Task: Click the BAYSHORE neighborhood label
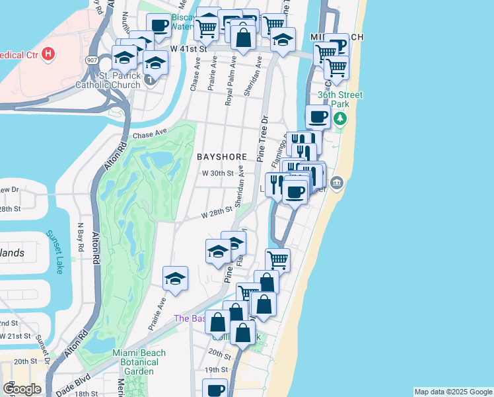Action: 222,157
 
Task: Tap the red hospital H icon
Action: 48,54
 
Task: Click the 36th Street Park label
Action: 339,99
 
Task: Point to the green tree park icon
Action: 340,118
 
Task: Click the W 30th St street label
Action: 218,173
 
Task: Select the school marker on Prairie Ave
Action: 175,279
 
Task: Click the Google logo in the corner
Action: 22,389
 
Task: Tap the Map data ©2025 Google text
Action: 453,392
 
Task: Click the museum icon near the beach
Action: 337,183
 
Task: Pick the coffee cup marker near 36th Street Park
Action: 318,117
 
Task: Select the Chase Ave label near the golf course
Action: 147,134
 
